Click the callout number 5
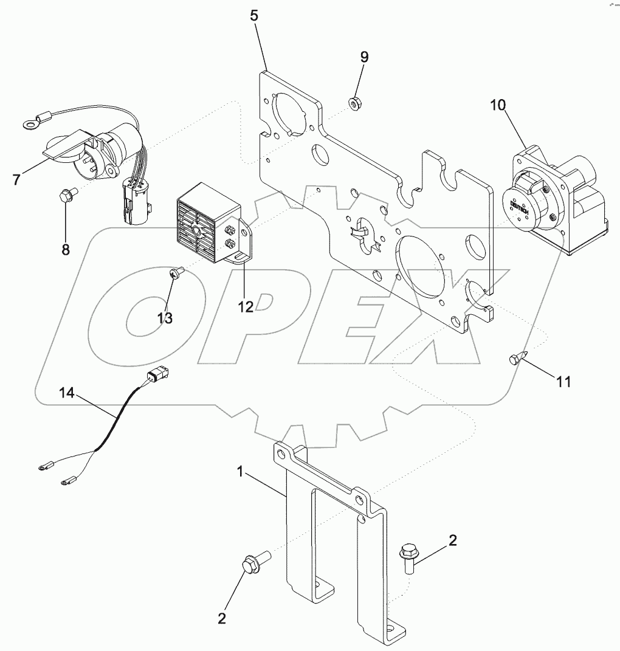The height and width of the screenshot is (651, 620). pyautogui.click(x=254, y=16)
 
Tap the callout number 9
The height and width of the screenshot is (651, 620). pyautogui.click(x=364, y=57)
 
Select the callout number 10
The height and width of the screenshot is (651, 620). pyautogui.click(x=498, y=105)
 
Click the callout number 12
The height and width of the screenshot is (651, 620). pyautogui.click(x=245, y=307)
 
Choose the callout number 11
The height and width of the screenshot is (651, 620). pyautogui.click(x=563, y=382)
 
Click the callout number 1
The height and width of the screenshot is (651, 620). pyautogui.click(x=242, y=470)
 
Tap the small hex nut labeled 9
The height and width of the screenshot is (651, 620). pyautogui.click(x=354, y=103)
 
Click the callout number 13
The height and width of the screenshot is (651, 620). pyautogui.click(x=165, y=318)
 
